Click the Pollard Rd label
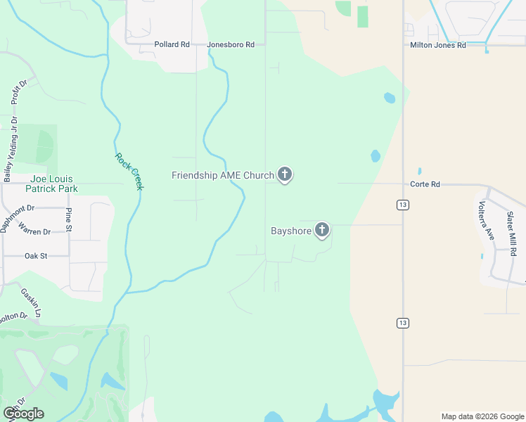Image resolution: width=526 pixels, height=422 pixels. [x=172, y=44]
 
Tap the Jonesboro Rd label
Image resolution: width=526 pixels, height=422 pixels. [x=231, y=44]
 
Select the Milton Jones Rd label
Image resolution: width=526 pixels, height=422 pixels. [x=438, y=45]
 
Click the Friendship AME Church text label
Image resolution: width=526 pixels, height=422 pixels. [x=222, y=175]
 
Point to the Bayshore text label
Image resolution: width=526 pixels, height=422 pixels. [x=290, y=231]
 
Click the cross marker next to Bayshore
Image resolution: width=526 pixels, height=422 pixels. [x=322, y=229]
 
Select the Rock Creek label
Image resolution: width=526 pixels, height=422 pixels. [x=129, y=172]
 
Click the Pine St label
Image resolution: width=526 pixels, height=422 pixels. [x=68, y=219]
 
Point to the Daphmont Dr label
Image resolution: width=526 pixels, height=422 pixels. [x=18, y=219]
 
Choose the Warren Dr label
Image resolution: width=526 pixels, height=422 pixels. [x=34, y=231]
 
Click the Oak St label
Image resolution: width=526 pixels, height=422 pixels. [x=36, y=256]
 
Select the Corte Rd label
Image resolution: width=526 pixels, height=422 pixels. [x=425, y=184]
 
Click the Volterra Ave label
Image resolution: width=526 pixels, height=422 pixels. [x=485, y=220]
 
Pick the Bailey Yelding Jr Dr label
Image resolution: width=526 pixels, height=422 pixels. [x=7, y=150]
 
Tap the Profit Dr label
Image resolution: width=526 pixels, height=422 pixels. [x=19, y=92]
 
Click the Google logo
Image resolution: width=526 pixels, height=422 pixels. [x=23, y=414]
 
